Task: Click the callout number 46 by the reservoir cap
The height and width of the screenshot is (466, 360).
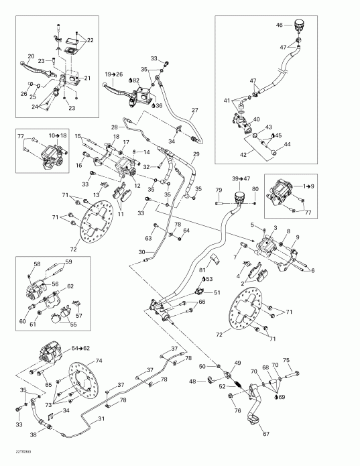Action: (x=279, y=25)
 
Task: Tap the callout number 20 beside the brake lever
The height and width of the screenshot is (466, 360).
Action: (x=31, y=56)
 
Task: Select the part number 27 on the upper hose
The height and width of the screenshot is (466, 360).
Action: (x=195, y=111)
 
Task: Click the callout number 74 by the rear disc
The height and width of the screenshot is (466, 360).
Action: (x=99, y=361)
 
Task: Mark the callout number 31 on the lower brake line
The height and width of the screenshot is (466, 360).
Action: (x=102, y=420)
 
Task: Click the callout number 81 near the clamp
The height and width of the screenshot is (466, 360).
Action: (x=201, y=270)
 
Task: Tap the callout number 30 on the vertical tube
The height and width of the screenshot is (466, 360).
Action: (x=142, y=251)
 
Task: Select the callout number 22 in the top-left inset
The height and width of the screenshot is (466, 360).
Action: (x=90, y=40)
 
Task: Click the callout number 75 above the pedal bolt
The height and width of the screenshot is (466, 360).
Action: (x=287, y=360)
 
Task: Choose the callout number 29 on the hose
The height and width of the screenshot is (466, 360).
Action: (x=196, y=155)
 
